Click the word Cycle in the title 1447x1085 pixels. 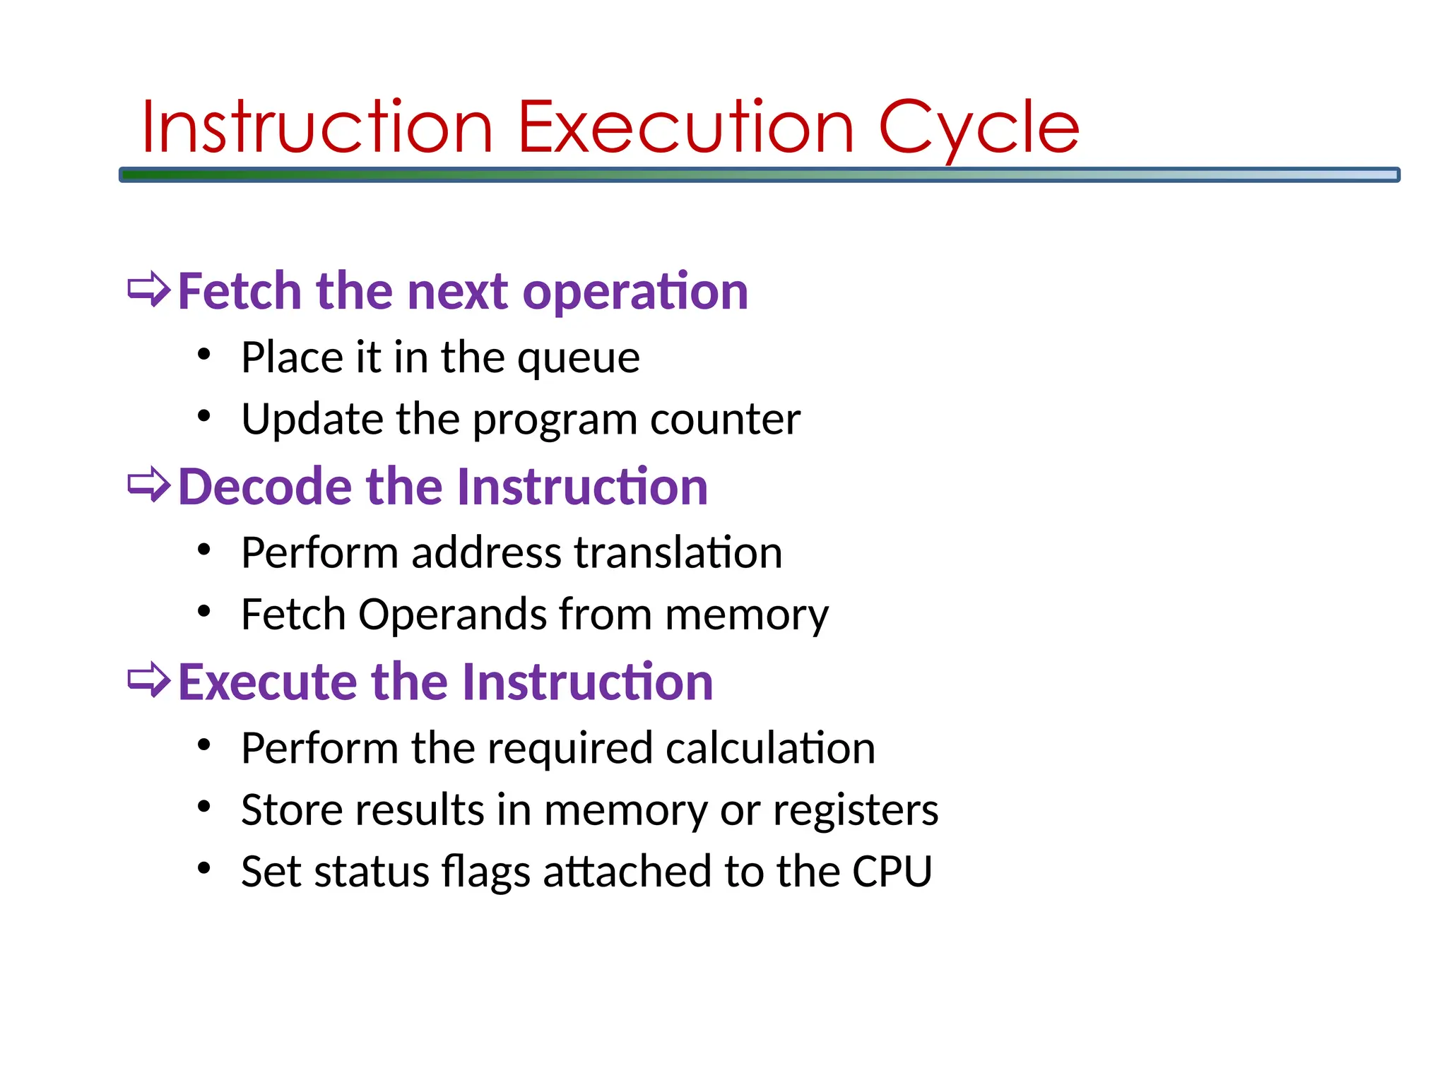[x=979, y=129]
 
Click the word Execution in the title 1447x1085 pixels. [x=686, y=128]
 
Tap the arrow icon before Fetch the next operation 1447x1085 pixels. [x=149, y=290]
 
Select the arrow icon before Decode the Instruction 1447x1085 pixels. [x=149, y=485]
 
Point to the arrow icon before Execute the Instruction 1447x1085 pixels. [x=149, y=680]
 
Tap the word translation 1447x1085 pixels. [x=678, y=552]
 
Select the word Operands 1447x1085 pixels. [x=452, y=615]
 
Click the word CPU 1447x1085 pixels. [x=892, y=872]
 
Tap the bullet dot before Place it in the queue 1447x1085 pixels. [x=204, y=355]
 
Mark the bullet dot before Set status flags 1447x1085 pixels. [x=204, y=868]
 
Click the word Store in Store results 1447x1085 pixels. [x=291, y=810]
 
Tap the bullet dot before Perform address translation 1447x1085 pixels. [x=204, y=550]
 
